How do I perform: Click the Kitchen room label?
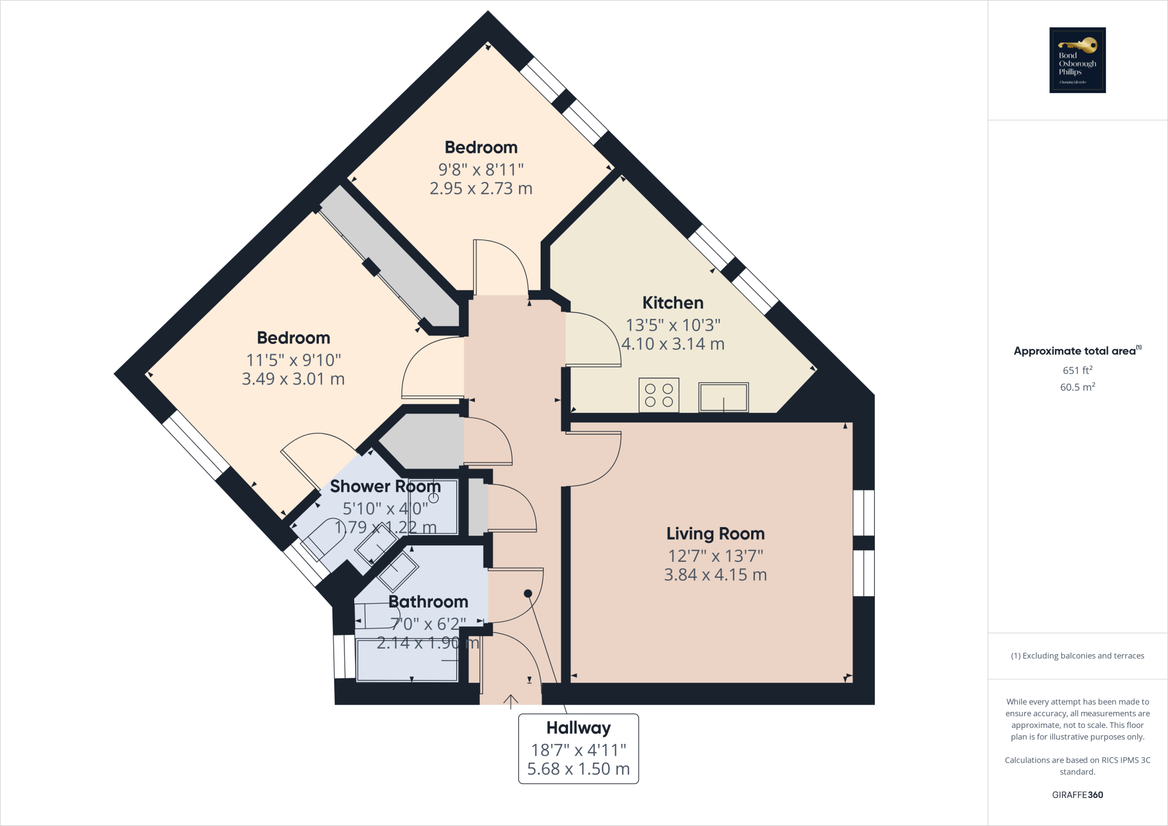(672, 303)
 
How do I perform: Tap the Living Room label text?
(715, 534)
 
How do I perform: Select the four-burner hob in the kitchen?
(659, 395)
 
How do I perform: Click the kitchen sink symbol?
(723, 397)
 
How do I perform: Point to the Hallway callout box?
(578, 748)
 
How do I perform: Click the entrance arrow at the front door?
(510, 701)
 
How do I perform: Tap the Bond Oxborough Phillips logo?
(1077, 60)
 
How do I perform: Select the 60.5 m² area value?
(1077, 387)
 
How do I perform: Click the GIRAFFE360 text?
(1077, 795)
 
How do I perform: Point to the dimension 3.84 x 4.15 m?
(715, 575)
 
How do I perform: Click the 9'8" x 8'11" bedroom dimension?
(481, 170)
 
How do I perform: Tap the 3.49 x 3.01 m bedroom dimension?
(293, 379)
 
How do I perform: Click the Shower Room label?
(385, 487)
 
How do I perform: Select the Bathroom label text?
(428, 602)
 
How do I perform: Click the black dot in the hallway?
(528, 594)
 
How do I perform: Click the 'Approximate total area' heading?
(1074, 351)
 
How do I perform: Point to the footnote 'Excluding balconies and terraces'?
(1077, 656)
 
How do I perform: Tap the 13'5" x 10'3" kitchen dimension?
(672, 325)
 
